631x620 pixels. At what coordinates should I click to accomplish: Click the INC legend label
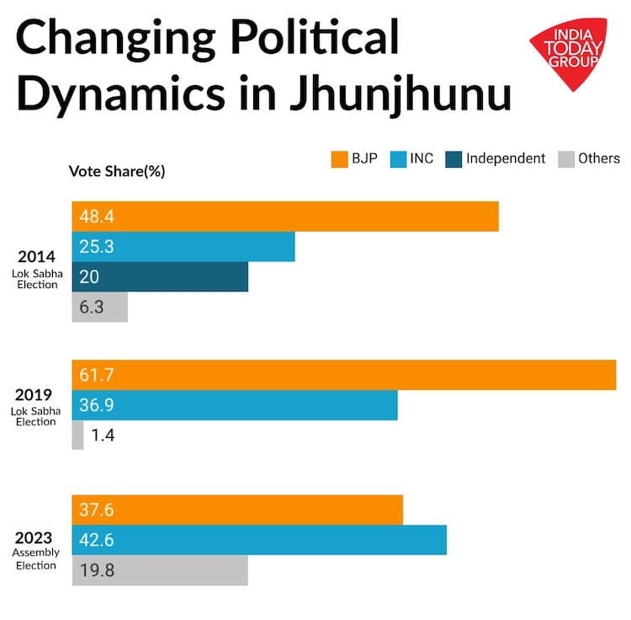pyautogui.click(x=422, y=158)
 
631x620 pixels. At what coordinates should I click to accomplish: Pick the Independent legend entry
pyautogui.click(x=505, y=158)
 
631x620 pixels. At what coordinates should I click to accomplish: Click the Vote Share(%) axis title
pyautogui.click(x=116, y=171)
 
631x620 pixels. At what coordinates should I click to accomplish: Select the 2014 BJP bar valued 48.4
pyautogui.click(x=285, y=216)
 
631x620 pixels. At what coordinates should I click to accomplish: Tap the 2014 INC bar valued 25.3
pyautogui.click(x=183, y=247)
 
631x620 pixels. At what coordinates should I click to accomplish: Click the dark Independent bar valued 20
pyautogui.click(x=160, y=277)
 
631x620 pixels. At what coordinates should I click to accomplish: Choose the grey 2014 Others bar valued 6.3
pyautogui.click(x=99, y=307)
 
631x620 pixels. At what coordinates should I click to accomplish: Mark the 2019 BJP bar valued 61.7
pyautogui.click(x=344, y=375)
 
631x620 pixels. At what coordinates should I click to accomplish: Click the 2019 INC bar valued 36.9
pyautogui.click(x=235, y=405)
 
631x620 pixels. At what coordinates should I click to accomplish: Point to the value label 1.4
pyautogui.click(x=103, y=436)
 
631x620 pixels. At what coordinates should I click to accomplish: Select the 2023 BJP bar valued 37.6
pyautogui.click(x=237, y=510)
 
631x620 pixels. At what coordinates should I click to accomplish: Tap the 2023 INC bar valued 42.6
pyautogui.click(x=259, y=540)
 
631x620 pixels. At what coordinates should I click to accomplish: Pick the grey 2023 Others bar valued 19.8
pyautogui.click(x=160, y=570)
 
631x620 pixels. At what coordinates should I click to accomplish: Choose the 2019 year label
pyautogui.click(x=34, y=395)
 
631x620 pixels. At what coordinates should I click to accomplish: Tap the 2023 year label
pyautogui.click(x=34, y=538)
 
